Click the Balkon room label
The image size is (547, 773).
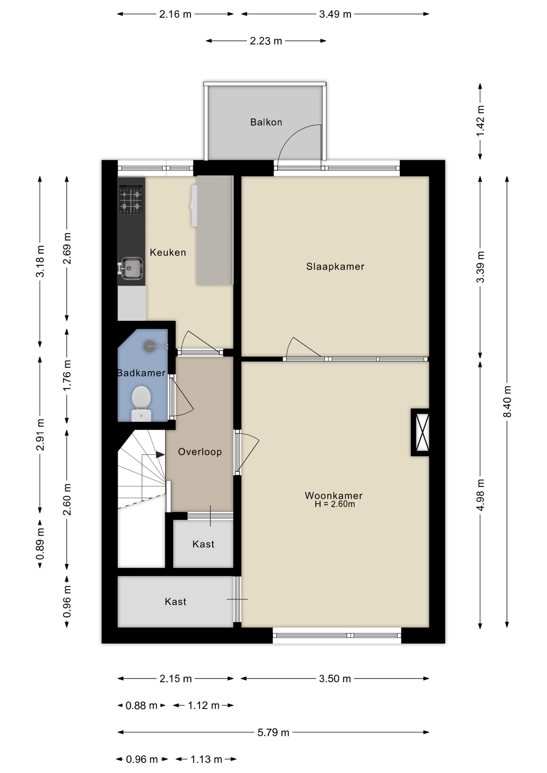coord(266,122)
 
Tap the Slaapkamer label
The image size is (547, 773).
coord(335,267)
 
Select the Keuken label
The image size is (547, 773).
coord(168,252)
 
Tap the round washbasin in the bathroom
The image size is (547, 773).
coord(150,346)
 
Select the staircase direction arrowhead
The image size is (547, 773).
coord(160,455)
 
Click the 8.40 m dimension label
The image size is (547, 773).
coord(507,401)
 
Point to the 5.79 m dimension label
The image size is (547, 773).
coord(273,732)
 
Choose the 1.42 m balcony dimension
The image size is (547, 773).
coord(480,121)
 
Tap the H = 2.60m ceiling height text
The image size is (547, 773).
coord(335,504)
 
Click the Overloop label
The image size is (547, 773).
coord(200,452)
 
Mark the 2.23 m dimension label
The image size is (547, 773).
coord(266,41)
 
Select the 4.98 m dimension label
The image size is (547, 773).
coord(480,495)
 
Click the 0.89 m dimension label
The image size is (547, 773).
coord(40,544)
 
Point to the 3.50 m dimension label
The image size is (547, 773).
coord(335,678)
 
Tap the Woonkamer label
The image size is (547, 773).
coord(334,496)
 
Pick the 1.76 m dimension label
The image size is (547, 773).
coord(67,376)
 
